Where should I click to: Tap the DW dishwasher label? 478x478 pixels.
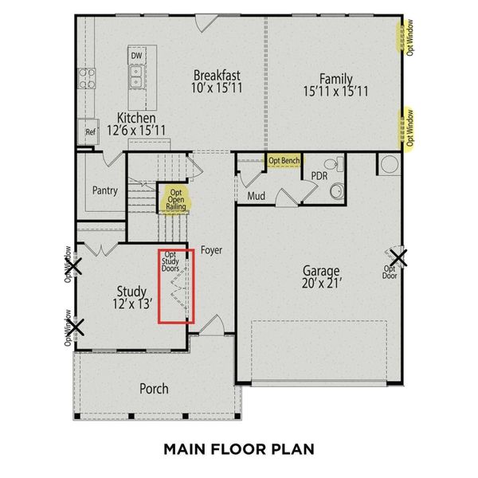tap(136, 56)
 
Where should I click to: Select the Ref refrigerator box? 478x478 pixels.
tap(89, 132)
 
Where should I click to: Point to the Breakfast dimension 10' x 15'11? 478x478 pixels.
tap(217, 91)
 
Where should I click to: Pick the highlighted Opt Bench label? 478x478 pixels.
tap(284, 161)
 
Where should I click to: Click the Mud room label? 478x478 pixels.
tap(256, 195)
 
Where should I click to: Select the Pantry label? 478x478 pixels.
tap(104, 190)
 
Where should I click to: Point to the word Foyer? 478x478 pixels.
tap(211, 250)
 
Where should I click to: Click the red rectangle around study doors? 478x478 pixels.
tap(175, 287)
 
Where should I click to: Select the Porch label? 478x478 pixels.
tap(154, 389)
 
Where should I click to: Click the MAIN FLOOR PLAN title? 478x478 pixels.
tap(238, 449)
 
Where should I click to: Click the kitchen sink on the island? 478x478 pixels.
tap(136, 76)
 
